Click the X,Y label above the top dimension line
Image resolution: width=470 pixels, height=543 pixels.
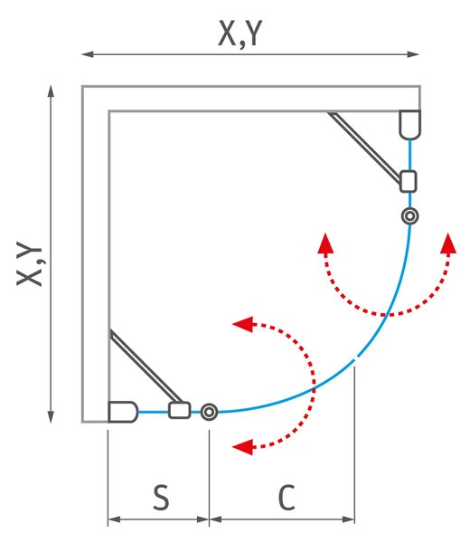click(240, 33)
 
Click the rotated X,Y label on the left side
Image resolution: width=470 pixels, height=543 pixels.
click(30, 264)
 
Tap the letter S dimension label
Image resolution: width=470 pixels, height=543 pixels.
click(161, 497)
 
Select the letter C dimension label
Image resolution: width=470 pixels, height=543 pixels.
click(287, 497)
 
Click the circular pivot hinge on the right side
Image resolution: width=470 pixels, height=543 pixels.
click(409, 216)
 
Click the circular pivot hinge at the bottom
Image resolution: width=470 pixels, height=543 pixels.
click(209, 412)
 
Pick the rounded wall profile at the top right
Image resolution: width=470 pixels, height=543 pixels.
click(409, 125)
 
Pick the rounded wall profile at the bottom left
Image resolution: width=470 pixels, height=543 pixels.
click(123, 412)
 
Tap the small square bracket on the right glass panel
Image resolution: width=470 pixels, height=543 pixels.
click(409, 182)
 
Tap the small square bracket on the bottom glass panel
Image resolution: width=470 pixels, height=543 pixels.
click(180, 410)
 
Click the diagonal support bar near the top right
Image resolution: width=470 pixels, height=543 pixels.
click(365, 147)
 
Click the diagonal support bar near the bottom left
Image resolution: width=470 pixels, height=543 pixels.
click(146, 367)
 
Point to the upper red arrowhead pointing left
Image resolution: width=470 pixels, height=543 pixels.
click(243, 324)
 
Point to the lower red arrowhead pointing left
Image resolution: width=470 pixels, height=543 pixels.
click(243, 447)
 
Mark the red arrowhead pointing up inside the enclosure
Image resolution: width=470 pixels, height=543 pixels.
click(325, 243)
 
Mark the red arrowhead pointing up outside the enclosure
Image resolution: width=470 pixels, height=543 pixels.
click(448, 243)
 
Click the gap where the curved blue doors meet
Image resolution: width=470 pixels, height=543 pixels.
click(356, 358)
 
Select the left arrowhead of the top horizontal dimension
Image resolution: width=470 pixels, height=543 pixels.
click(88, 54)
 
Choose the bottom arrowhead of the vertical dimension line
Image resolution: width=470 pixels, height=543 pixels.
click(51, 417)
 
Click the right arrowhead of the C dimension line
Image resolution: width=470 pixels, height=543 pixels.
click(348, 519)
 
